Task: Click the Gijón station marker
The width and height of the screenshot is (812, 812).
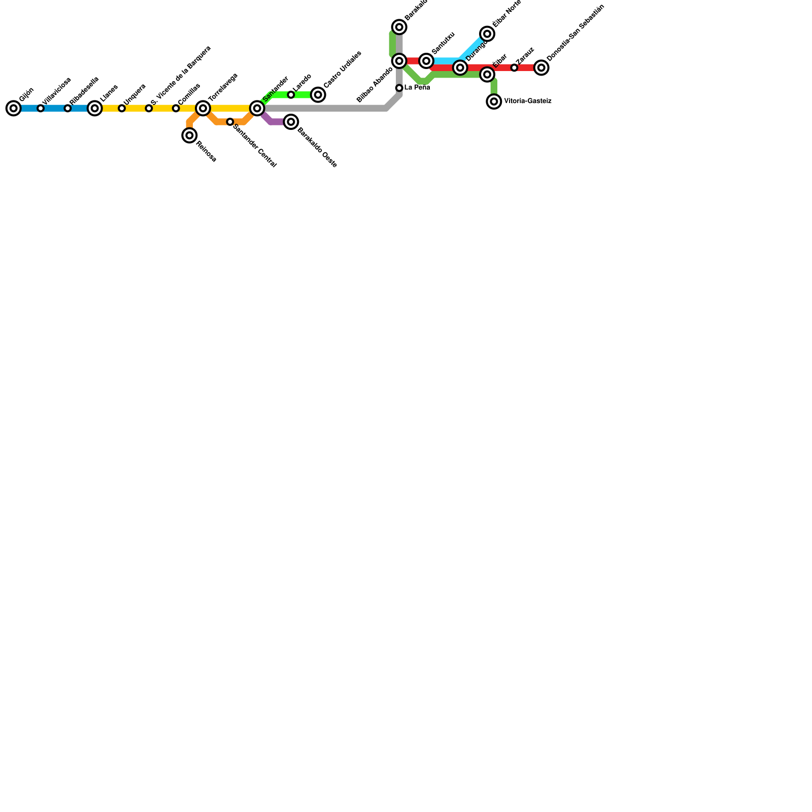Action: click(14, 108)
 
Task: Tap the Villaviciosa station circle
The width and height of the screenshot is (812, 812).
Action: click(41, 108)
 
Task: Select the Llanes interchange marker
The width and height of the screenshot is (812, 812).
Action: click(94, 108)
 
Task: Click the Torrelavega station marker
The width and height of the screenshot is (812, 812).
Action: click(203, 108)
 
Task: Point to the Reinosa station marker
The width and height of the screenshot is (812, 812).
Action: click(189, 136)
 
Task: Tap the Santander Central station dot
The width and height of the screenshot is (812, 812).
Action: click(230, 122)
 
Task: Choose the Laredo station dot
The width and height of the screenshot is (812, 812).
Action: click(291, 95)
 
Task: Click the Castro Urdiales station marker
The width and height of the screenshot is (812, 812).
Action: click(318, 95)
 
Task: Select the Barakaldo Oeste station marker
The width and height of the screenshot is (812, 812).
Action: click(291, 122)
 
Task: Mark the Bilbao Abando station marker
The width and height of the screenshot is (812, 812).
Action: click(399, 61)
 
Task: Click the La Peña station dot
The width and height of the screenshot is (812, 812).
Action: click(399, 88)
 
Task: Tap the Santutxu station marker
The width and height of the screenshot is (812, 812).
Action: click(426, 61)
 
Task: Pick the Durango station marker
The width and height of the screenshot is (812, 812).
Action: click(460, 67)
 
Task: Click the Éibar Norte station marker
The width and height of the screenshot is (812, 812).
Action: click(487, 34)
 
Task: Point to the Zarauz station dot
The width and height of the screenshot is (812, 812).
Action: click(514, 67)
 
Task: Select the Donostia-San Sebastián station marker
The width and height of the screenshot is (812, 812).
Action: click(542, 67)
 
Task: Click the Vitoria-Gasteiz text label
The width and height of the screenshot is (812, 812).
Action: click(527, 101)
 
